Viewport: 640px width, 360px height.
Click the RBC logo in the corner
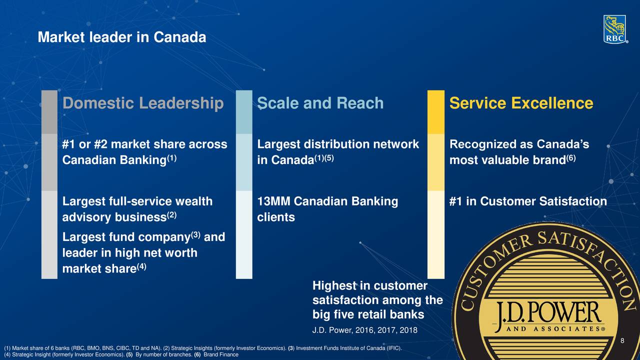point(615,29)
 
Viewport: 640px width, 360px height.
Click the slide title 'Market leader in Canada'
point(122,37)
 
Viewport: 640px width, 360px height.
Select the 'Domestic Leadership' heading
point(143,103)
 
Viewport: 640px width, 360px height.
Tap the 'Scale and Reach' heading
point(320,103)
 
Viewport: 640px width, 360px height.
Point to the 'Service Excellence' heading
point(521,103)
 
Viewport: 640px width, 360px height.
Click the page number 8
point(622,340)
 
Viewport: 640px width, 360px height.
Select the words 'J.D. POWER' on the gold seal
point(548,313)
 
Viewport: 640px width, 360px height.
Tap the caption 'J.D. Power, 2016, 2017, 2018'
point(365,330)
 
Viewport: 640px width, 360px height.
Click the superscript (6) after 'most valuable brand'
point(571,157)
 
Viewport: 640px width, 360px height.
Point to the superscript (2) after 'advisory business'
point(171,215)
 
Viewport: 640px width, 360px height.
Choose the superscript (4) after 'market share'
point(141,266)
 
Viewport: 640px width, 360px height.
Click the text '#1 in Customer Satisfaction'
point(528,201)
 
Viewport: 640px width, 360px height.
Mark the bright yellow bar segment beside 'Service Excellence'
point(436,112)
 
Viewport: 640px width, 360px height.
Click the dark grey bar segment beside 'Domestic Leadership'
point(49,112)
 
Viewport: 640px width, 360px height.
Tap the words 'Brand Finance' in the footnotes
point(221,354)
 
